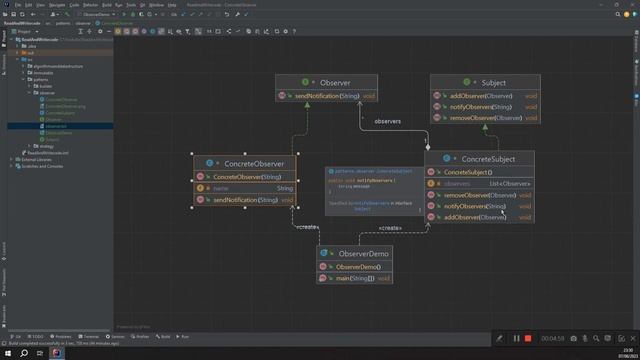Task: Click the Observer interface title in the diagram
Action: [x=334, y=82]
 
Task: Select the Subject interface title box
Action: [x=492, y=83]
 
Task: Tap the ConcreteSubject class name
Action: [x=488, y=159]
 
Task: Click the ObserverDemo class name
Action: [x=363, y=254]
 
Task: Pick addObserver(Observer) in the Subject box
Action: [x=479, y=95]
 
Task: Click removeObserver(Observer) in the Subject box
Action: [x=486, y=118]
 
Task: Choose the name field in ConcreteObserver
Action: [x=221, y=188]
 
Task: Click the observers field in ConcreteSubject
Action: [x=457, y=184]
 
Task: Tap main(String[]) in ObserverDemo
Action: [x=356, y=277]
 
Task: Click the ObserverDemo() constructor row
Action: [x=358, y=267]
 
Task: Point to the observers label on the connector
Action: [x=387, y=121]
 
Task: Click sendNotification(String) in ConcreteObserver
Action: [x=245, y=200]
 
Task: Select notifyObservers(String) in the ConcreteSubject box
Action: [x=475, y=206]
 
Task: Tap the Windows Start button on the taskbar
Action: [x=7, y=353]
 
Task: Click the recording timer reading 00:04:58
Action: [x=553, y=338]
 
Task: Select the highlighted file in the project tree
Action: [x=56, y=126]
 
